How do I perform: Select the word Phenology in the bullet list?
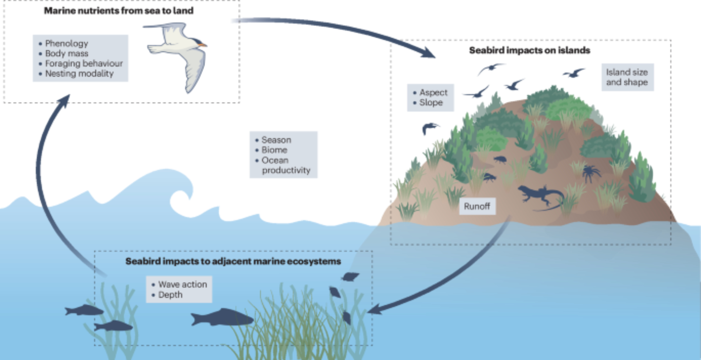67,43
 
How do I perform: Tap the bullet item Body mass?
67,54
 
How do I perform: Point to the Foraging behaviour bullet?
84,63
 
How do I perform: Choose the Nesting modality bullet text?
79,74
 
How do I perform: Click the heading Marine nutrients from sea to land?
118,11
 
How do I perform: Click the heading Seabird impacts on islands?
529,50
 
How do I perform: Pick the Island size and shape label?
627,77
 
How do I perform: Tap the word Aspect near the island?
433,93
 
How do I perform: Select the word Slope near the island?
431,103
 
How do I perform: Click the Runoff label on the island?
477,206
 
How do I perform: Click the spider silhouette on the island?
591,173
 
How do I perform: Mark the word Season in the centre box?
276,140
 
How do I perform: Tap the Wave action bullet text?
182,284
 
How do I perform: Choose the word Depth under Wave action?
170,295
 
